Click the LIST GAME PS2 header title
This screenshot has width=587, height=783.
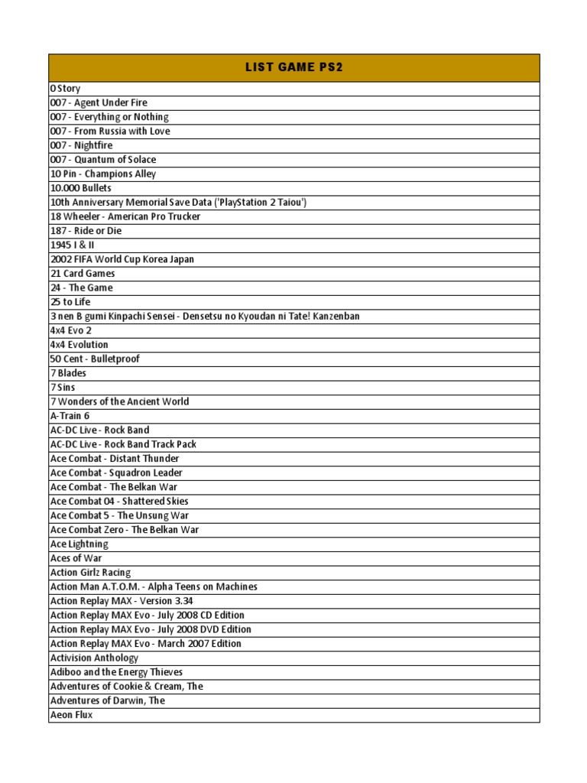293,67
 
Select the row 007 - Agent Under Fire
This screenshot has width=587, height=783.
99,102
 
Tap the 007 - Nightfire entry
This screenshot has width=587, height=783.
81,145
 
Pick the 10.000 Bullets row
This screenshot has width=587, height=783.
80,188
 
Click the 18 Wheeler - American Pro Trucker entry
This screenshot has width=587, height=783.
125,216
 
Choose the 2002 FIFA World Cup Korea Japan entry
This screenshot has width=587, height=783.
122,259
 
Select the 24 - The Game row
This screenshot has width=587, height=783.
81,288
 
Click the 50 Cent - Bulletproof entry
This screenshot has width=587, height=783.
95,359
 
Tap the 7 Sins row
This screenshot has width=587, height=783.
64,387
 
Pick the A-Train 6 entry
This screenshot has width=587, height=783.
70,416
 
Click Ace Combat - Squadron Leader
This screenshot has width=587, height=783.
116,473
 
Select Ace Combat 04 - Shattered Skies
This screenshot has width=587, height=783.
119,501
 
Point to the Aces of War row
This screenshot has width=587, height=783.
76,558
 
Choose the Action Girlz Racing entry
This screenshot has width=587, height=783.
90,572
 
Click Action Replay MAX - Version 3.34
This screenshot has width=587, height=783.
122,601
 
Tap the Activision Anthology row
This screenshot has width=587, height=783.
94,658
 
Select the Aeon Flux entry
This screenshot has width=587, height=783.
71,715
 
